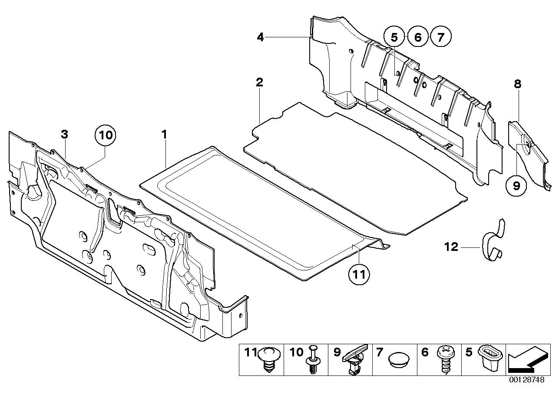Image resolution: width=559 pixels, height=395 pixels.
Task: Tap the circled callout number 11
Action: point(361,274)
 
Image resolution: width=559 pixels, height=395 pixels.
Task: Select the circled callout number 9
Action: point(516,186)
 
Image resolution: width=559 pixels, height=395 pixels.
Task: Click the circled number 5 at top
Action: point(394,37)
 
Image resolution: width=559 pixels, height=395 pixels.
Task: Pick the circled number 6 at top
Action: point(417,37)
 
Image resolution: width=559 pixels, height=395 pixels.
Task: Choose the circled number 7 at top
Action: point(441,37)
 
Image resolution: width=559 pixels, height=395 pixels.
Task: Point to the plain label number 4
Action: point(260,37)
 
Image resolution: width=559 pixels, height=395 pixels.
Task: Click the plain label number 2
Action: point(259,82)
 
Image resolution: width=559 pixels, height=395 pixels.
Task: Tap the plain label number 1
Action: point(164,135)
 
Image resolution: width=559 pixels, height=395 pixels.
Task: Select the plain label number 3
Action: point(64,135)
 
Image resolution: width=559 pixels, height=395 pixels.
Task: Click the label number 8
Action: point(517,84)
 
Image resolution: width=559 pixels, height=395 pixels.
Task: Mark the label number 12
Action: point(452,247)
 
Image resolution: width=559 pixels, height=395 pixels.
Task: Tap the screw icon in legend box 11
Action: point(268,360)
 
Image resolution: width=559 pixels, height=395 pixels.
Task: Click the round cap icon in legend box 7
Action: point(400,359)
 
